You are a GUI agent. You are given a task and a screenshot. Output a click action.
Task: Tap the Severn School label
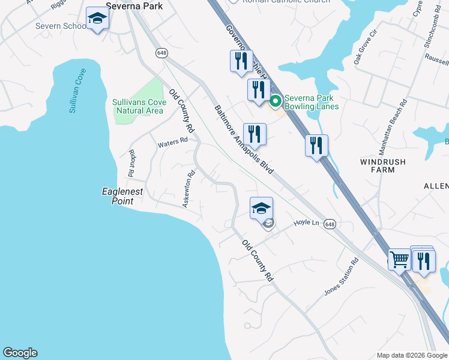[x=60, y=26]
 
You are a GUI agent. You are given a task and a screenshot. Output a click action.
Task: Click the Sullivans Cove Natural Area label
[x=137, y=106]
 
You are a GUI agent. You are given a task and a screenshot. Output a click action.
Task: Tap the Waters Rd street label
[x=173, y=143]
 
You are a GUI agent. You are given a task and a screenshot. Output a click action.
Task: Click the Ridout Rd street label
[x=131, y=163]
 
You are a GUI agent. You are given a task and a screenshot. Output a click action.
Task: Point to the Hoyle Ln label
[x=306, y=223]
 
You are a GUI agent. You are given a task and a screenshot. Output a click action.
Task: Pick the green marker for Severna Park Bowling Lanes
[x=276, y=101]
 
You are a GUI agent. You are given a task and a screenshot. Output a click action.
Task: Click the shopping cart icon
[x=399, y=260]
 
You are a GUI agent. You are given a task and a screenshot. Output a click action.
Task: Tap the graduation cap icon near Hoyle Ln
[x=261, y=209]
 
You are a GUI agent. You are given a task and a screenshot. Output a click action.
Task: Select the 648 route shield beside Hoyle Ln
[x=330, y=224]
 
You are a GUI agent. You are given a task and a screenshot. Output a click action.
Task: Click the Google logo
[x=20, y=353]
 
